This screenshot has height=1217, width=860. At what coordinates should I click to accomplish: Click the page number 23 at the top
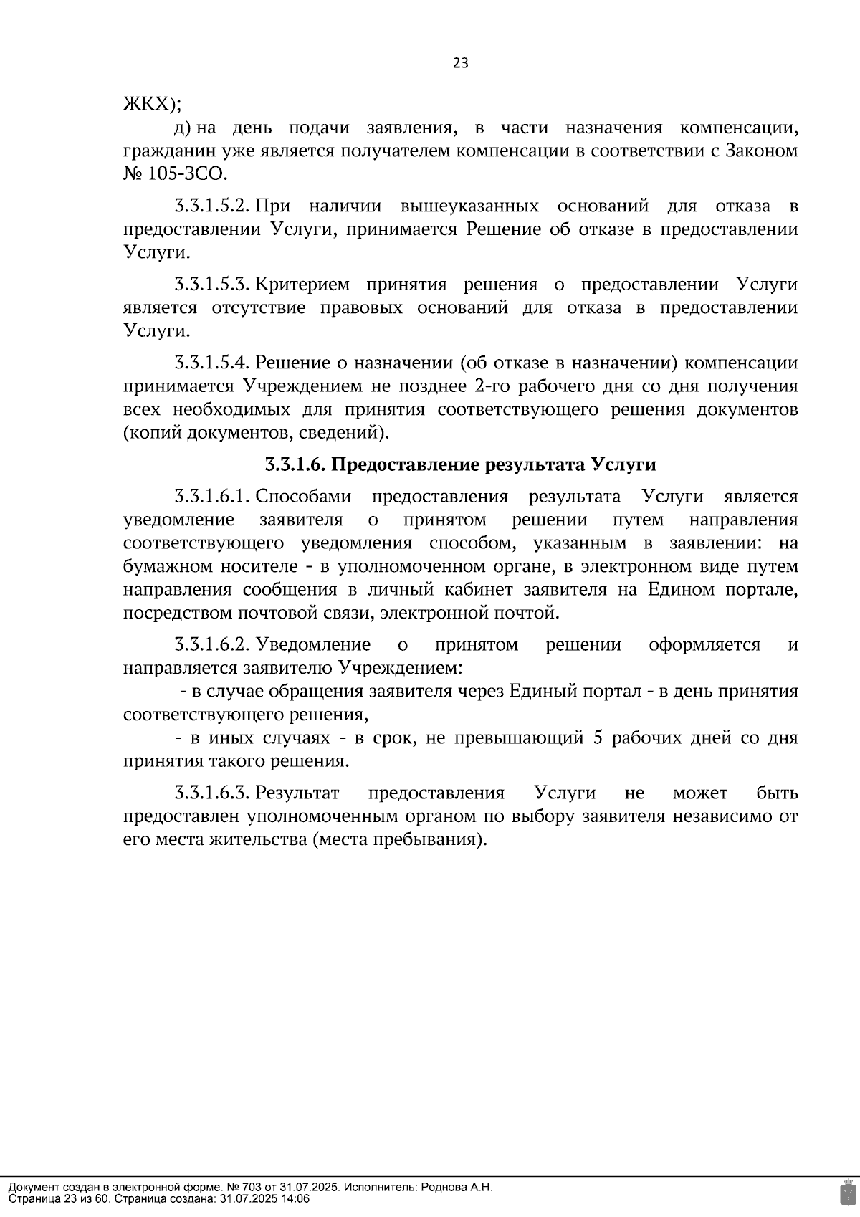pyautogui.click(x=460, y=63)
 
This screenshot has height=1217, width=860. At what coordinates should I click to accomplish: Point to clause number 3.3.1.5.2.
pyautogui.click(x=211, y=206)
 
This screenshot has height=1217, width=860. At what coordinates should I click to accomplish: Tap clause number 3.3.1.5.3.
pyautogui.click(x=211, y=285)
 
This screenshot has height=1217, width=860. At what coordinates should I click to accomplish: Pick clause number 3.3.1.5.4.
pyautogui.click(x=211, y=363)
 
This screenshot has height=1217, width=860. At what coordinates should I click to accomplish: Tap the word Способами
pyautogui.click(x=303, y=497)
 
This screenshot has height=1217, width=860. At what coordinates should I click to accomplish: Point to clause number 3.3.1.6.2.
pyautogui.click(x=211, y=645)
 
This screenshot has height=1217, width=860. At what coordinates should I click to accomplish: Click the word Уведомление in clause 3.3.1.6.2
pyautogui.click(x=313, y=645)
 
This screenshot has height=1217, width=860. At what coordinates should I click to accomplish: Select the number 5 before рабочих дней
pyautogui.click(x=598, y=738)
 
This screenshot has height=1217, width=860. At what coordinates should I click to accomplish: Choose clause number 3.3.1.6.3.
pyautogui.click(x=211, y=793)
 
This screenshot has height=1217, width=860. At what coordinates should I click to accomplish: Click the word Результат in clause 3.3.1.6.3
pyautogui.click(x=297, y=793)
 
